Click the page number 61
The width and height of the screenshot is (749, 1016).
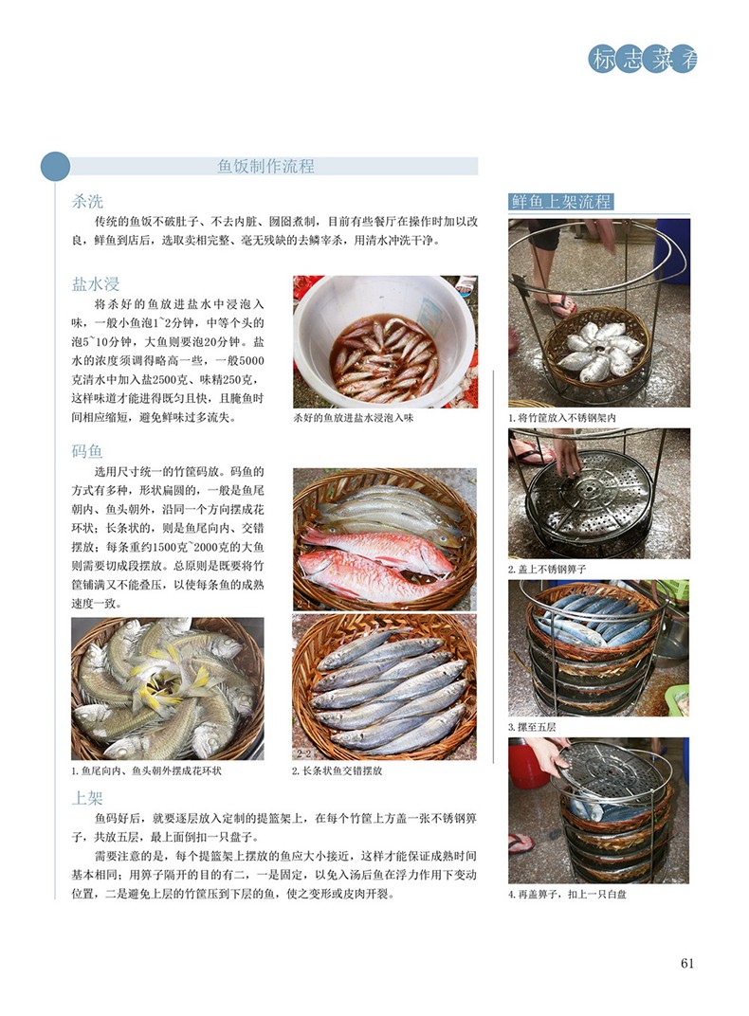pos(687,964)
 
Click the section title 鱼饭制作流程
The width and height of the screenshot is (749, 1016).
pos(265,167)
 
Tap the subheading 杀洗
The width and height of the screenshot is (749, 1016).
pos(87,201)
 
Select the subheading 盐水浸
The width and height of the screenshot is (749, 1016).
pos(95,284)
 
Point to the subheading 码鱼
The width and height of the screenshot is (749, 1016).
pos(87,452)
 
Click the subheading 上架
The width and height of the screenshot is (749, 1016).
pos(87,798)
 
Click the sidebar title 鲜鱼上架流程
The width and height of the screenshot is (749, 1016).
pos(560,202)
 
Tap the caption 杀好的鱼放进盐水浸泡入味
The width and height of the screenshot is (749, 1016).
pos(353,418)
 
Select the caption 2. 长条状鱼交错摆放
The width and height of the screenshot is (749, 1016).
pos(337,771)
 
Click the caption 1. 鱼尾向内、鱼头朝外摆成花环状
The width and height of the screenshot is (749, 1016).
pos(146,771)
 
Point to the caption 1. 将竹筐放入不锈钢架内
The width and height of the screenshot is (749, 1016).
pos(561,419)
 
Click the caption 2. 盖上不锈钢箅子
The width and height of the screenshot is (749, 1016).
pos(547,570)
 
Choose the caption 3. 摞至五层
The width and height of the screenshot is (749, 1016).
pos(532,727)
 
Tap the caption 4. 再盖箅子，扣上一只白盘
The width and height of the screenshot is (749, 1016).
pos(568,895)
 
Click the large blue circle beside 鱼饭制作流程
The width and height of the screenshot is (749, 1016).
pos(55,167)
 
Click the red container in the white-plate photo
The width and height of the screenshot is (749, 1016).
pos(526,766)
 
